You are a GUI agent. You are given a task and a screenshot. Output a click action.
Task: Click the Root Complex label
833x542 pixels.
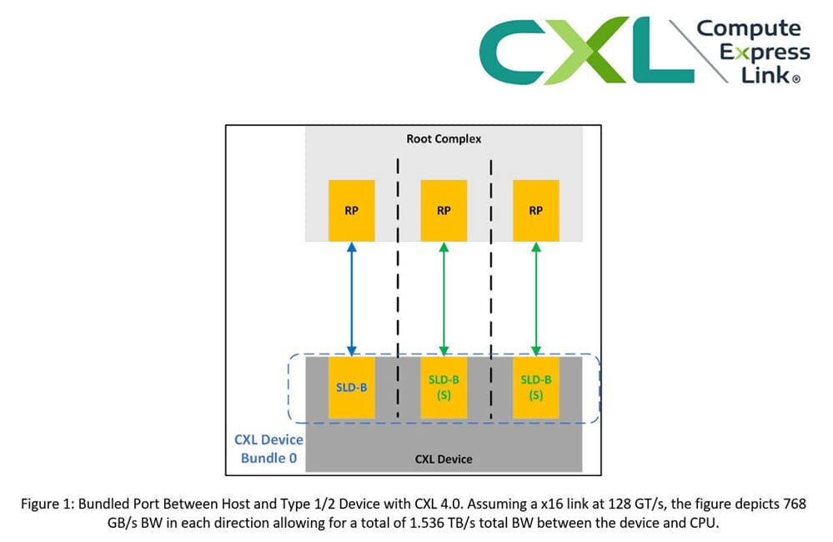(443, 138)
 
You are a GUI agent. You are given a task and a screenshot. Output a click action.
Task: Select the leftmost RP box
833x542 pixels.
(351, 210)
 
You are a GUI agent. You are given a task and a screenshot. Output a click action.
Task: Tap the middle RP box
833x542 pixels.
(443, 210)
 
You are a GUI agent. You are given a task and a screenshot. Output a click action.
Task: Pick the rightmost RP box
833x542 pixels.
(535, 210)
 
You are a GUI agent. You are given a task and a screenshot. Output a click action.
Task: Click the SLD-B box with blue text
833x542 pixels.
(351, 387)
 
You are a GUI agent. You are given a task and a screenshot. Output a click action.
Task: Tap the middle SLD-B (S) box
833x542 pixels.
(443, 387)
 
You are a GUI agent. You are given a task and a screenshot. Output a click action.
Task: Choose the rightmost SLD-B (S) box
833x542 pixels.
(535, 387)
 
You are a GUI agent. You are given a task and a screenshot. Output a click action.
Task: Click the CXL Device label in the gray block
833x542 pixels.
(443, 459)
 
